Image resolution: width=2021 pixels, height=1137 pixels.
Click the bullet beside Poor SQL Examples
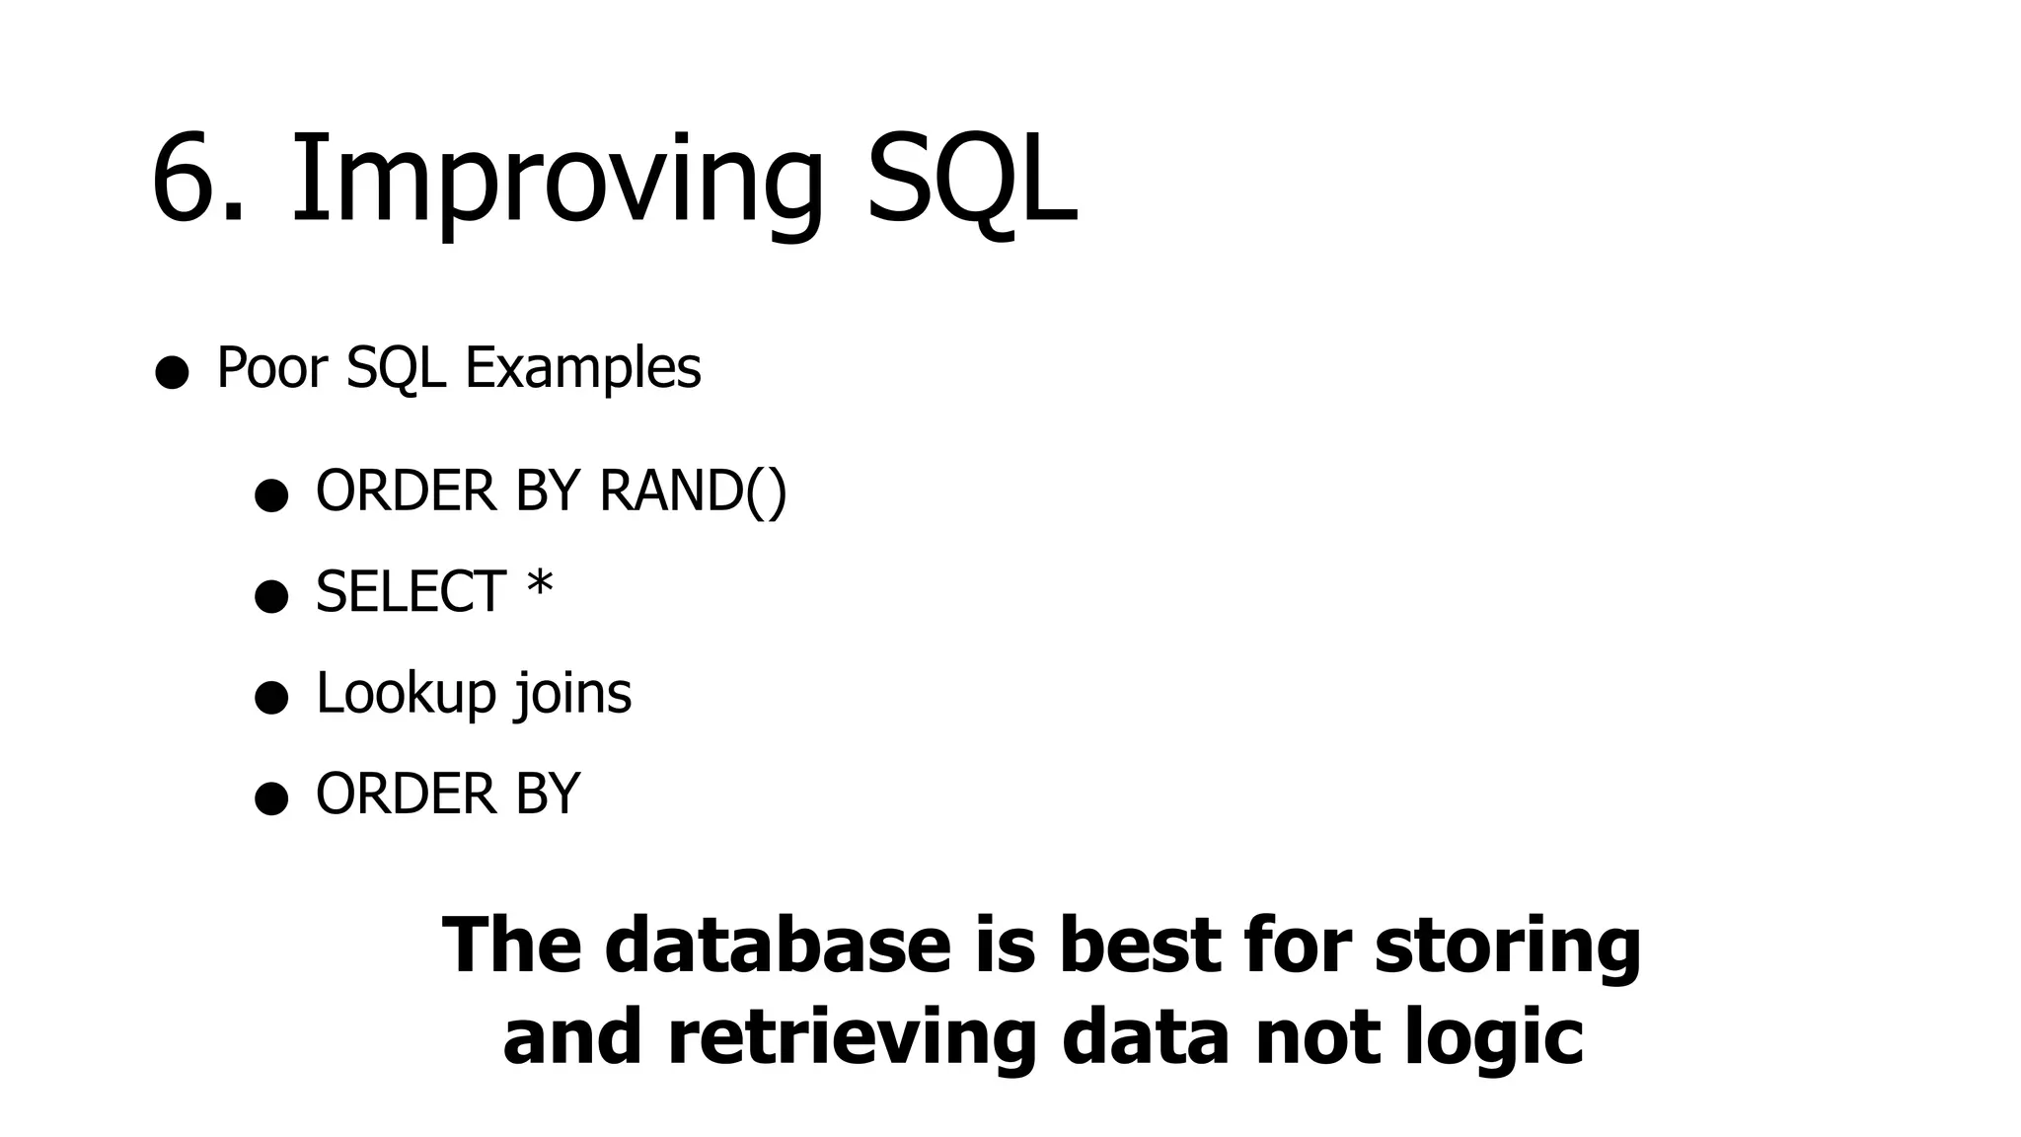(172, 372)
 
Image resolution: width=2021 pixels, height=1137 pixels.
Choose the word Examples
(582, 368)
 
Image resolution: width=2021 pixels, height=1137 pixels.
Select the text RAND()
(693, 491)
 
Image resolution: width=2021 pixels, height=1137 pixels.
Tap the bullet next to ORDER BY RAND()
(271, 495)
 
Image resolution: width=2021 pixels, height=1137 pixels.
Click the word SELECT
(411, 592)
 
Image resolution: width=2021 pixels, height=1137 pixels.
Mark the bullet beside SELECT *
(271, 596)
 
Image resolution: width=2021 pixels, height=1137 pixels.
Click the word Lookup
(406, 694)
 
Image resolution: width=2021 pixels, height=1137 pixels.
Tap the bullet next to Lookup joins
(271, 698)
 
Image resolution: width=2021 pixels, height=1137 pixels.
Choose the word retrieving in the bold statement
(851, 1038)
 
